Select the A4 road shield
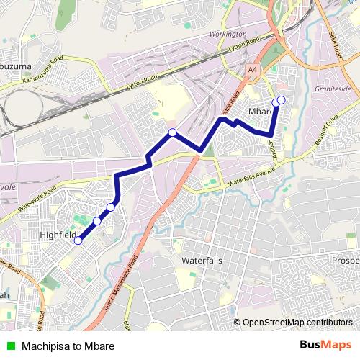(252, 70)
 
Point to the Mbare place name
(259, 112)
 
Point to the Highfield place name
(59, 235)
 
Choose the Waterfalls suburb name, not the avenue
(202, 260)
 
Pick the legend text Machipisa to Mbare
(68, 346)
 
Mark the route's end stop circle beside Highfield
(78, 240)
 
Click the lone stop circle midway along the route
(172, 132)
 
